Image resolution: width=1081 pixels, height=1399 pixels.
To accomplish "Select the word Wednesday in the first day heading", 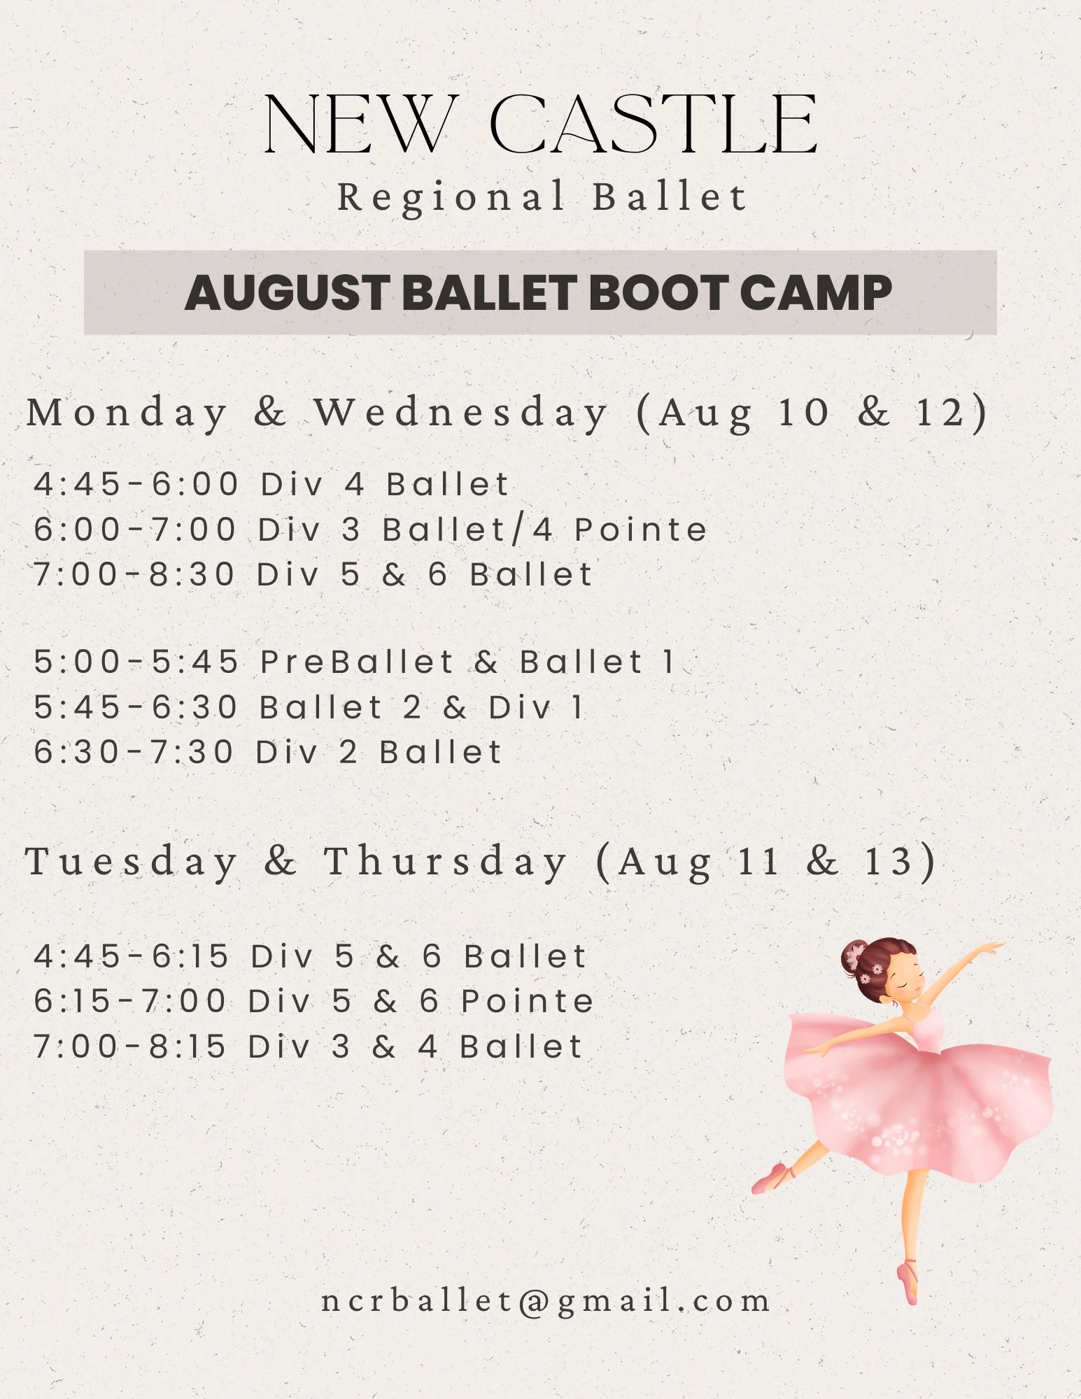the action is [462, 412].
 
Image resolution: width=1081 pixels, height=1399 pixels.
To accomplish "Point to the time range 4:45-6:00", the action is [136, 484].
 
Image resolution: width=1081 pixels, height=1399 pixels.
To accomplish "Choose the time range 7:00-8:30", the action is [134, 574].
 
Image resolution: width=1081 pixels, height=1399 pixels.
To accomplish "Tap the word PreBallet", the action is [358, 662].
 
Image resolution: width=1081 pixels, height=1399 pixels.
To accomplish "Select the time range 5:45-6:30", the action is [136, 707].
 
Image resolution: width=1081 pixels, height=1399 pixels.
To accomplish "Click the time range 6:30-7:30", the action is [134, 752].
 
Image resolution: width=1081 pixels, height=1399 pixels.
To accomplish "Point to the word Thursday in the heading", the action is [445, 861].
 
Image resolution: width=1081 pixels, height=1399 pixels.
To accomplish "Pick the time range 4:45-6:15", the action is [132, 956].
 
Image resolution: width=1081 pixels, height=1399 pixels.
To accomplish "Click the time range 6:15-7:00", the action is [130, 1001].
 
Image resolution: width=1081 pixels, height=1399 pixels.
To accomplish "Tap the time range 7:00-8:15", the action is [130, 1046].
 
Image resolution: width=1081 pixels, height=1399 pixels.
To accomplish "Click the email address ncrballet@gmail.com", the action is [546, 1301].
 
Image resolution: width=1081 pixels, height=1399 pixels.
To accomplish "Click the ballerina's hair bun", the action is [854, 955].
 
